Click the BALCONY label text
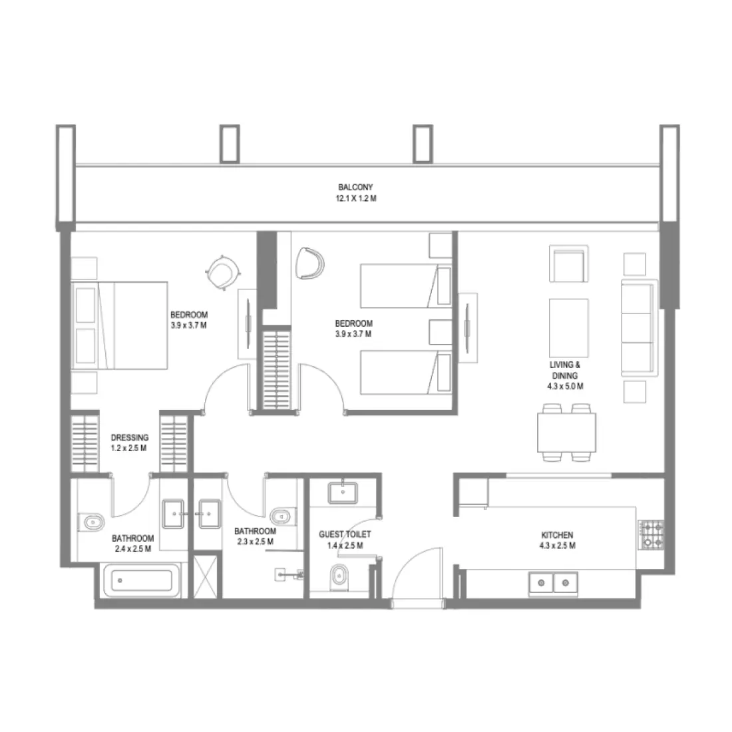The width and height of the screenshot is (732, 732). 355,187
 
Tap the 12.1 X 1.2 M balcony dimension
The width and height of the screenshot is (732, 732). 356,198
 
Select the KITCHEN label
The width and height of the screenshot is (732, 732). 557,535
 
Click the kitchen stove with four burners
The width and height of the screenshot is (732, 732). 651,534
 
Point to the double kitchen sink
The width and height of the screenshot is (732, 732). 553,583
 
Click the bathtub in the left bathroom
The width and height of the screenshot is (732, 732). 142,580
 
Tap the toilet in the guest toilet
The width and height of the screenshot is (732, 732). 339,578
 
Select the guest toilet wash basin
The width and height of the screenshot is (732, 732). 343,493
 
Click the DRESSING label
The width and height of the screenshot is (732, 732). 130,437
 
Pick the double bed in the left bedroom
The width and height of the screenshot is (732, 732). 119,325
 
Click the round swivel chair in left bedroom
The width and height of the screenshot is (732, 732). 223,272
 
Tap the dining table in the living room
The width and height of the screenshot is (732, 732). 566,433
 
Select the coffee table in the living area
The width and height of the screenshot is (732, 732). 568,328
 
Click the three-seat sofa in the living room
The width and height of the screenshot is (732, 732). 639,327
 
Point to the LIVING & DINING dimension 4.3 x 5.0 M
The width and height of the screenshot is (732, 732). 565,386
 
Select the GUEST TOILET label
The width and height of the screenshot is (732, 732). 345,534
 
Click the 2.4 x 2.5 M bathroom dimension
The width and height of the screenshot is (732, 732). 133,549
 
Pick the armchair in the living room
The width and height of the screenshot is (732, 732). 568,264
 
